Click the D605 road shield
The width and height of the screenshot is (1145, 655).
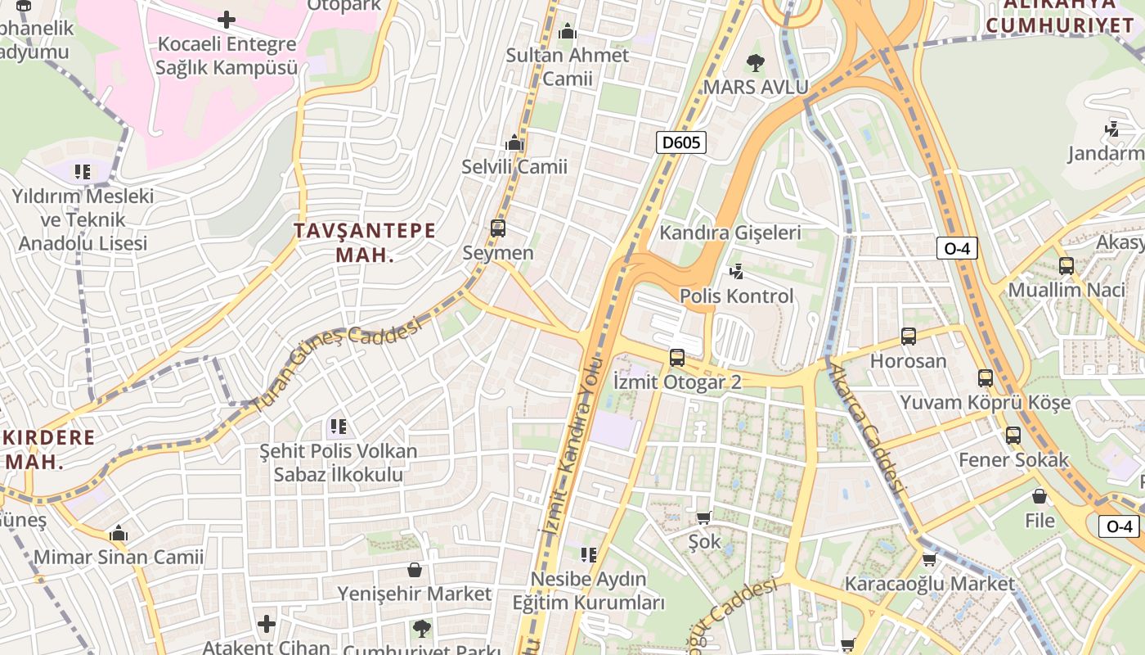click(681, 143)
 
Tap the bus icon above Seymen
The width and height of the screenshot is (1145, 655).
click(497, 228)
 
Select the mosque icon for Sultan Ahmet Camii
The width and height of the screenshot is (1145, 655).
click(568, 32)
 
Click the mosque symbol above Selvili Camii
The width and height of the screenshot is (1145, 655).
click(514, 142)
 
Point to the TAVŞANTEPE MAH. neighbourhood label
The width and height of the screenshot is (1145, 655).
click(365, 242)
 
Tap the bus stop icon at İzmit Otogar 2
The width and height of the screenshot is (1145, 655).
click(676, 357)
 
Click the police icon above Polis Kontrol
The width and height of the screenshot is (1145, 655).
click(736, 271)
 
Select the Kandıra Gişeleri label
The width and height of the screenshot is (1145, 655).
click(730, 233)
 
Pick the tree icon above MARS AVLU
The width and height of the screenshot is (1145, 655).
click(756, 62)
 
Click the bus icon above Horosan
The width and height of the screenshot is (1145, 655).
click(908, 337)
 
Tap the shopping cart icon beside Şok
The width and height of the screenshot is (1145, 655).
click(703, 517)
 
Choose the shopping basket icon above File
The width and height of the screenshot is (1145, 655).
click(1039, 496)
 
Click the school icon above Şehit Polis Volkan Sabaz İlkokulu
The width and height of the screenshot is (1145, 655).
click(338, 426)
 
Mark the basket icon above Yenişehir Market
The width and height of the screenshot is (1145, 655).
click(415, 569)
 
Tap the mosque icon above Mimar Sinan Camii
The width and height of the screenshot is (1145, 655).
click(119, 533)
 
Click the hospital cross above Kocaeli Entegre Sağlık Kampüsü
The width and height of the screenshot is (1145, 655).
click(227, 19)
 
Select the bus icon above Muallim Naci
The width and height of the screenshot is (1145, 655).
click(1066, 265)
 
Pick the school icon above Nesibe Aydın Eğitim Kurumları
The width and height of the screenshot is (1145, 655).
click(588, 555)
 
